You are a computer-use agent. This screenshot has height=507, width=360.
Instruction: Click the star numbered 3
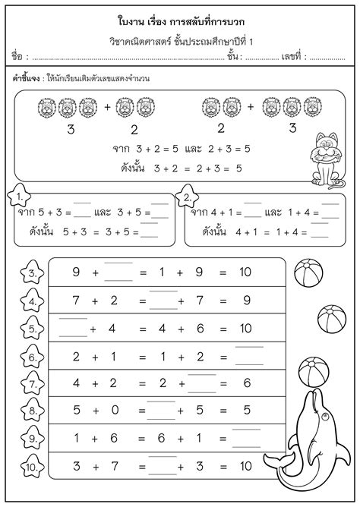pos(31,273)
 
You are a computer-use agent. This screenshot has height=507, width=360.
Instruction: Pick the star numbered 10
pos(31,465)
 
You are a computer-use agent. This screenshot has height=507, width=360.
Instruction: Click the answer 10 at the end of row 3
pos(245,272)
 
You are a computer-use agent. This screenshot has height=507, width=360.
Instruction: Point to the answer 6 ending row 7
pos(245,384)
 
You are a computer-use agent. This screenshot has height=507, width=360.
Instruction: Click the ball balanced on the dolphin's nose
pos(312,373)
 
